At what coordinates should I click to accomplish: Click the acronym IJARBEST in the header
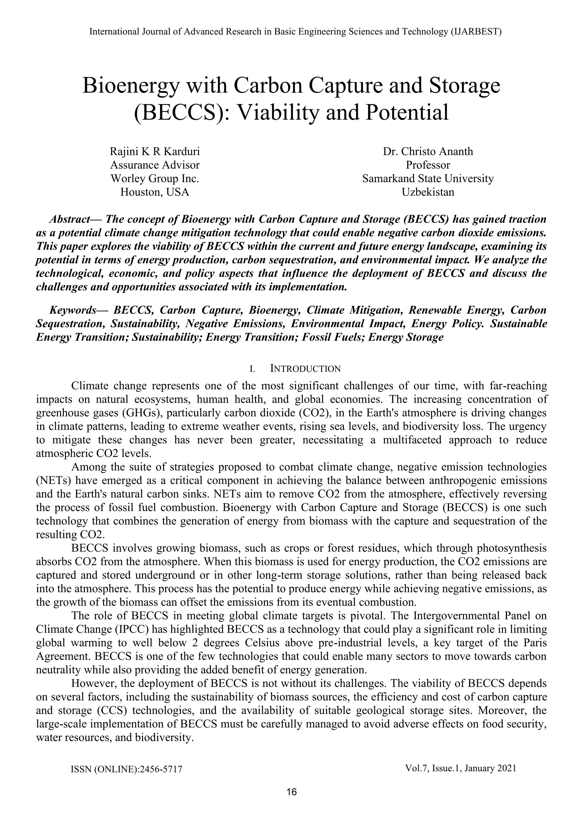(476, 32)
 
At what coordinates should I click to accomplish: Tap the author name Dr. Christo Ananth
(428, 151)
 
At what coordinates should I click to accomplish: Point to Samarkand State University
(428, 179)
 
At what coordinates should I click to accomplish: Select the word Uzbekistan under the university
(428, 192)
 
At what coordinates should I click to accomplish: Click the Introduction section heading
(305, 369)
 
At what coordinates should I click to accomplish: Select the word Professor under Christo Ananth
(428, 165)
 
